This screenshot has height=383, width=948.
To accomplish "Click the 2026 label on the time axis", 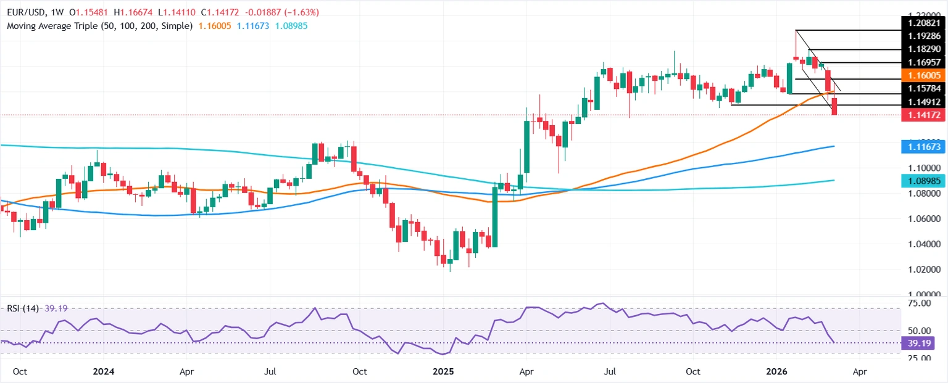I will click(775, 372).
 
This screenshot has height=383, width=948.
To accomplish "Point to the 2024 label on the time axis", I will click(102, 372).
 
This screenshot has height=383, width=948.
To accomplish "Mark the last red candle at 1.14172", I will click(835, 107).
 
